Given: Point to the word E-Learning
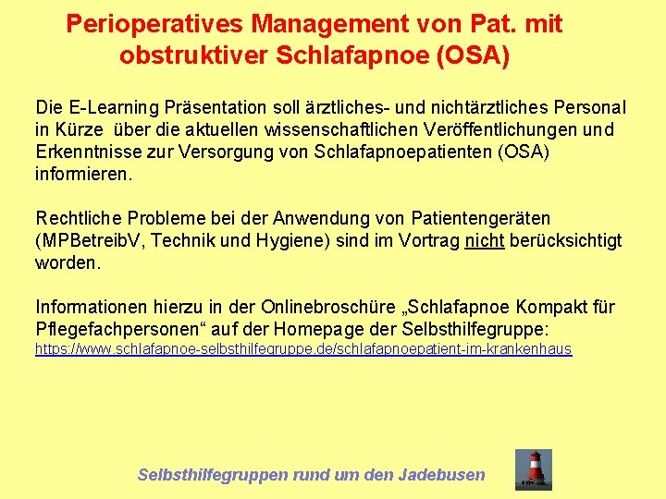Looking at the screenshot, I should (108, 108).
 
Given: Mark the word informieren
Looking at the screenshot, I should (84, 174).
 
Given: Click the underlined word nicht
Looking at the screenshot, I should (484, 241).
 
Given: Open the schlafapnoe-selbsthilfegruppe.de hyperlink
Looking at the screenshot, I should (303, 349).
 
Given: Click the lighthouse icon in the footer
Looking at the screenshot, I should (534, 469).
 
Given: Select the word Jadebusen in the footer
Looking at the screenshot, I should (441, 475).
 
